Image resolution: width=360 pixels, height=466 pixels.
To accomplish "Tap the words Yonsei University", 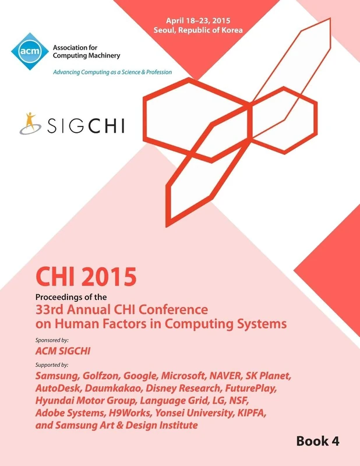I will [x=208, y=413].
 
